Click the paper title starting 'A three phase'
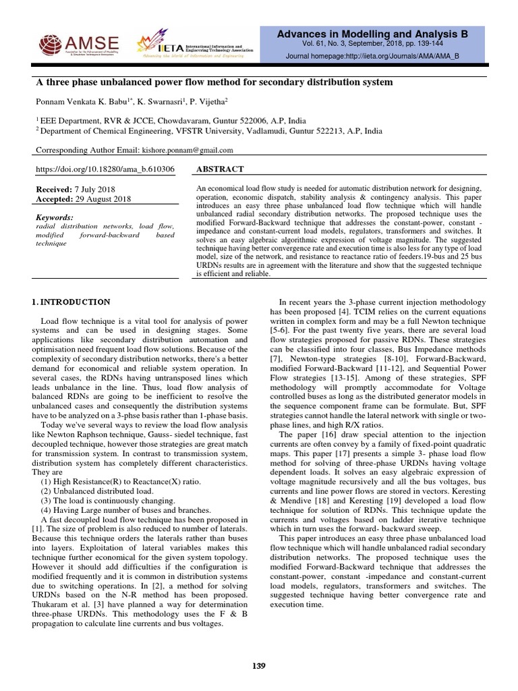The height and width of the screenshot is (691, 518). (x=213, y=82)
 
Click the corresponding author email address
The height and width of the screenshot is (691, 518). (x=188, y=150)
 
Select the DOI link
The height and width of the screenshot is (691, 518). (x=105, y=169)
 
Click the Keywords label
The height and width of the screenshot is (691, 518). (x=54, y=217)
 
